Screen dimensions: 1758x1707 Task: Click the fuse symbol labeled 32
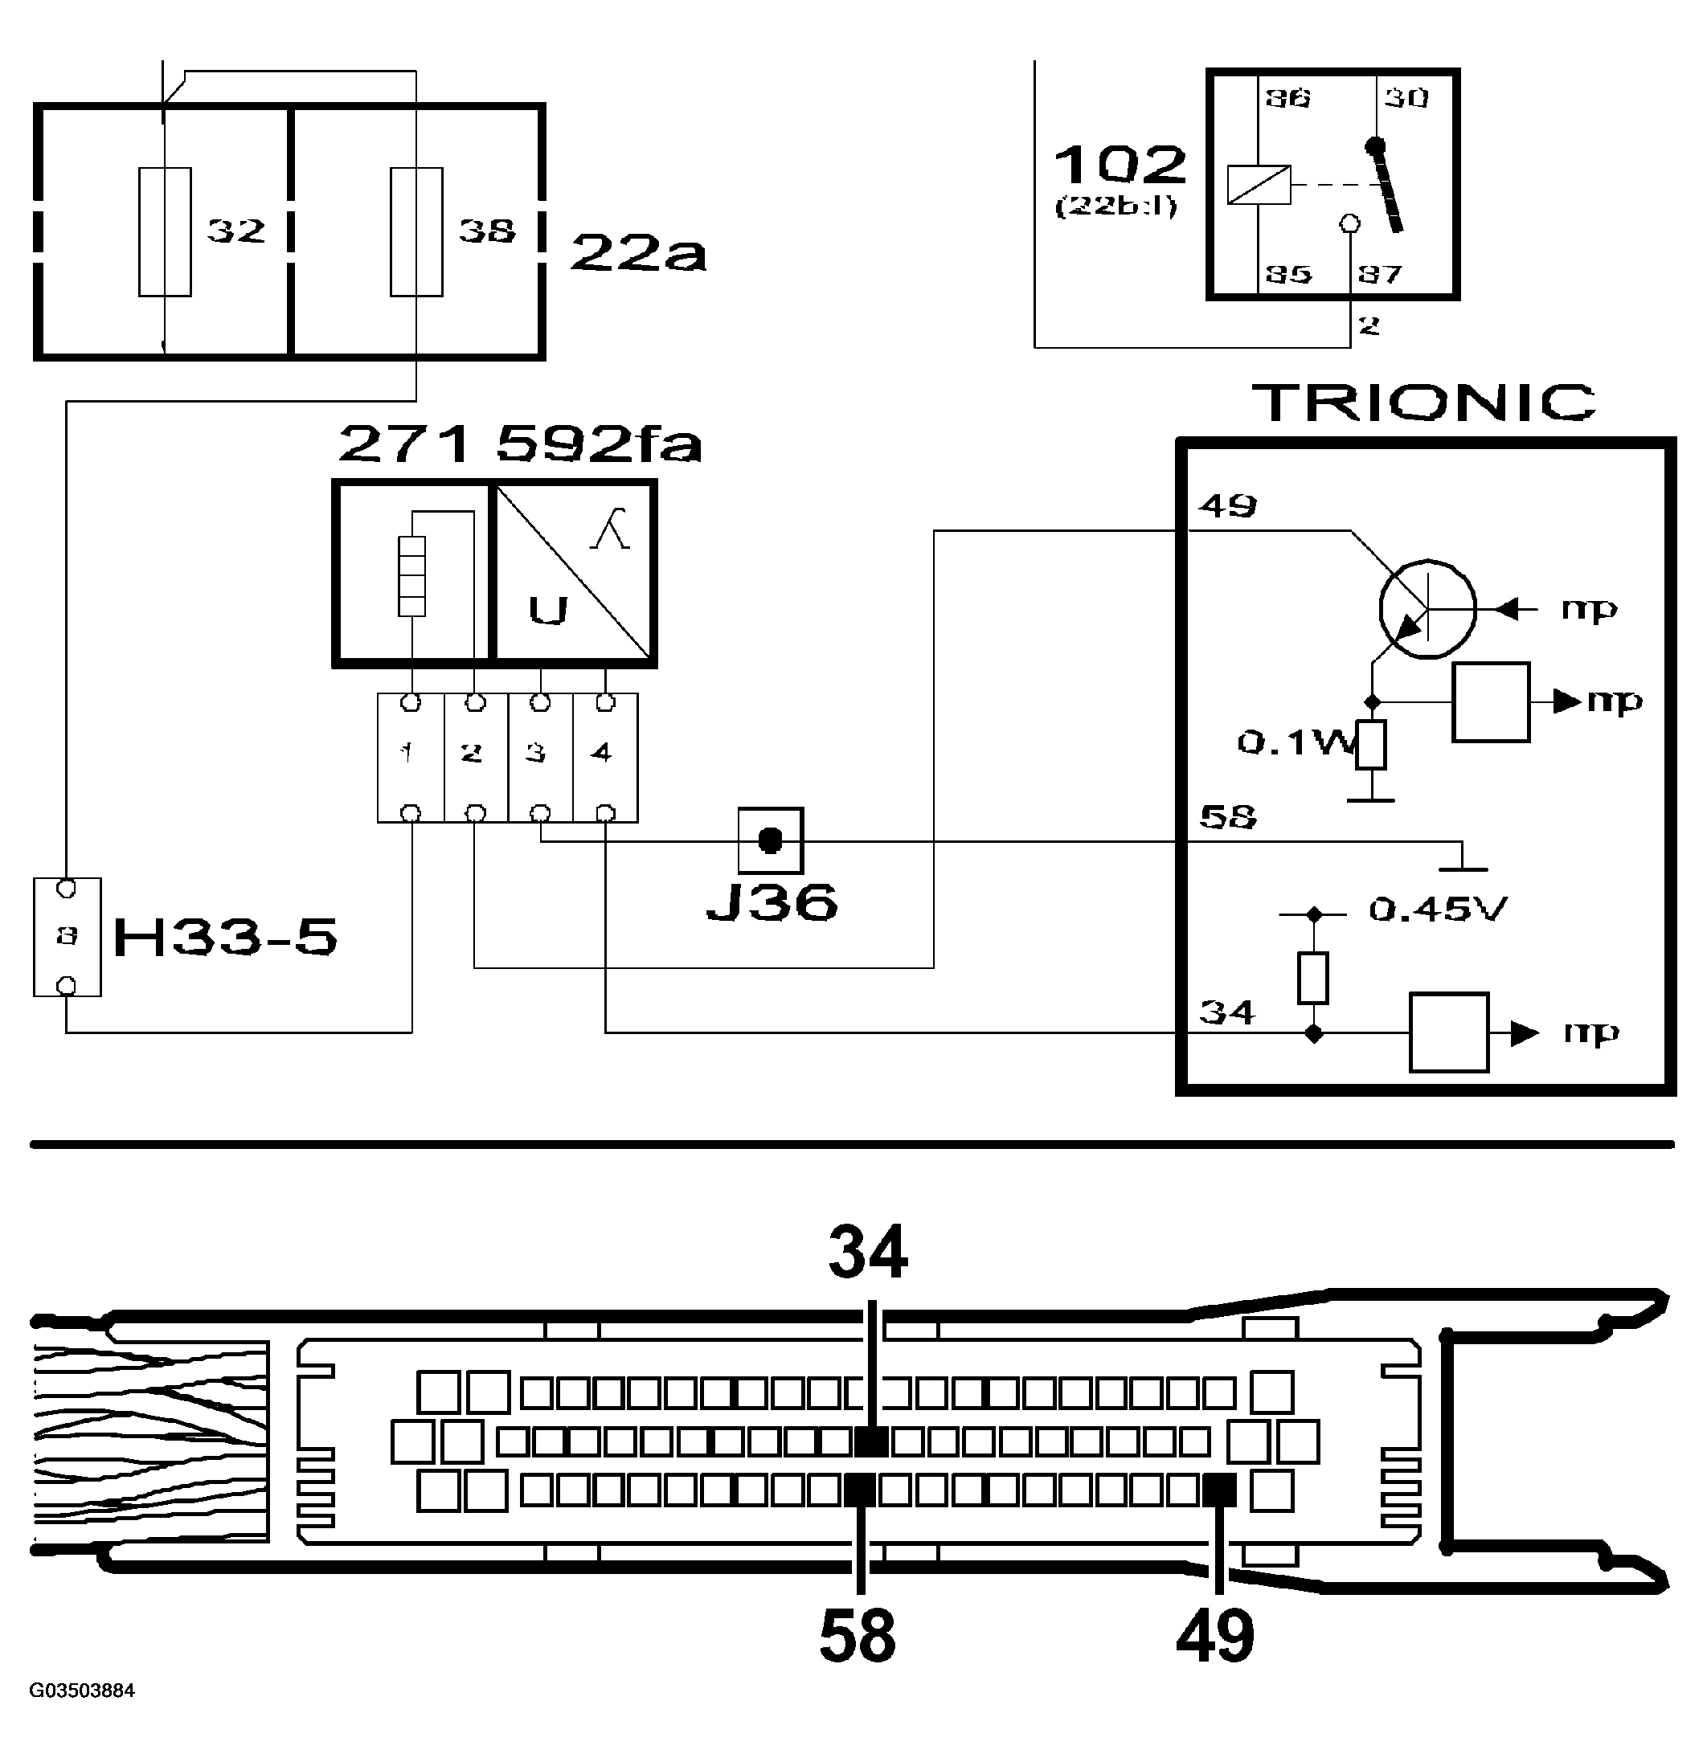click(165, 231)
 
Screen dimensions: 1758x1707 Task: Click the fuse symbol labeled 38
click(416, 231)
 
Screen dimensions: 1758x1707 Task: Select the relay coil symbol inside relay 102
click(1259, 186)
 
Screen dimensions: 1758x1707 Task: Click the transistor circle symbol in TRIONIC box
click(1427, 609)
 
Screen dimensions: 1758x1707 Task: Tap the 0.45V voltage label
click(1438, 910)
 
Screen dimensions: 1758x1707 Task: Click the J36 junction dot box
click(771, 840)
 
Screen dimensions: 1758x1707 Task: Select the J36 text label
click(772, 902)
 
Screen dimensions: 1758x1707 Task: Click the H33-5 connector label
click(225, 938)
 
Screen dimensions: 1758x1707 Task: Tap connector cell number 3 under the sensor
click(539, 754)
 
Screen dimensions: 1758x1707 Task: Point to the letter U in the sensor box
click(547, 610)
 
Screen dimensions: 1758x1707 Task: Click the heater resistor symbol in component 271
click(411, 576)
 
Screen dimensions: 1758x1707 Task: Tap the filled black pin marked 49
click(1219, 1491)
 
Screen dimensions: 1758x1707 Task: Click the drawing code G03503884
click(82, 1691)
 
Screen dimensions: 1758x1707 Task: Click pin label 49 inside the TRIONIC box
click(1227, 506)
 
